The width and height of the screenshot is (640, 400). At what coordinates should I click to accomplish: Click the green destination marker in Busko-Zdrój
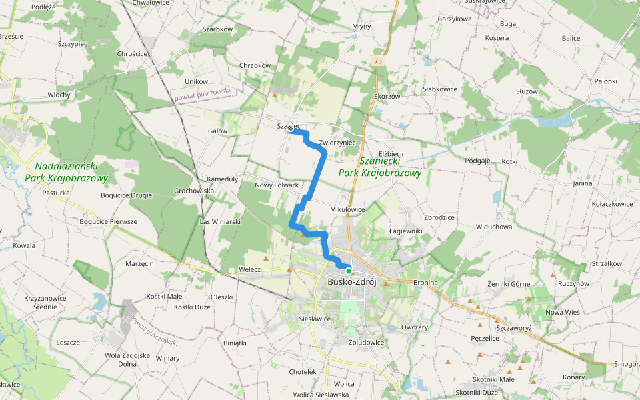348,271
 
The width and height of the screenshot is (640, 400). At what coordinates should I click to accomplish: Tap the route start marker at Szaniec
290,132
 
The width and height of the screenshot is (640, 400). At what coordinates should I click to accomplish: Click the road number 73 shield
378,61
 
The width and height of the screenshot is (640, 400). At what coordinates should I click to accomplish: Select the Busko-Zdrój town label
352,283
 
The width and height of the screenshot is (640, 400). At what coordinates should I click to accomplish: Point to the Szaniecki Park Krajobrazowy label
380,167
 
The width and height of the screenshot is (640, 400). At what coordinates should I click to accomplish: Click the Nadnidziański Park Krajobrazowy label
65,172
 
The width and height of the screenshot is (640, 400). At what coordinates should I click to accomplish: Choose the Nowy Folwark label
276,185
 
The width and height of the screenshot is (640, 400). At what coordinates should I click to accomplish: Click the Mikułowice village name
347,209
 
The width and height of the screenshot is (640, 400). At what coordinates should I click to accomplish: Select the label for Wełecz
249,270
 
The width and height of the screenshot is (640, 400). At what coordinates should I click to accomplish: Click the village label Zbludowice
366,342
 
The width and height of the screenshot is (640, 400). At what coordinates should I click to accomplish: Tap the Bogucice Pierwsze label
108,221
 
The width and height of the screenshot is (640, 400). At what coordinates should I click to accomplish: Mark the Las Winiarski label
220,221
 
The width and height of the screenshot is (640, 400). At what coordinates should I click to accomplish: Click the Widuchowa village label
493,227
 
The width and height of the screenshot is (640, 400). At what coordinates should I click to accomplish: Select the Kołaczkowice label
611,204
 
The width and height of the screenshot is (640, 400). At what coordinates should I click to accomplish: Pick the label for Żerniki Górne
509,284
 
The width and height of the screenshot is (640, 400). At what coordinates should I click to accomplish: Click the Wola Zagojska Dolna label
127,360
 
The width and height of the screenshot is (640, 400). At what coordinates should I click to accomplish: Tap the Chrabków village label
255,65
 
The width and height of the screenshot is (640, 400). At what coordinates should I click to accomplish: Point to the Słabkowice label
439,89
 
